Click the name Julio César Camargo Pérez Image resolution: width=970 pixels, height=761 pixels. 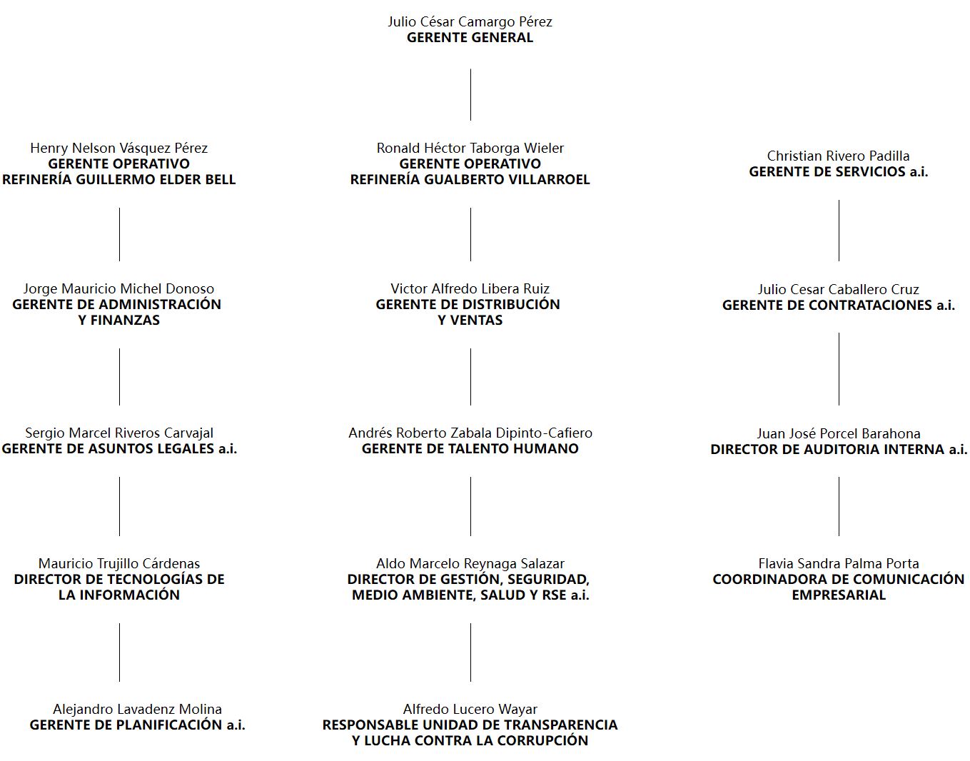click(470, 22)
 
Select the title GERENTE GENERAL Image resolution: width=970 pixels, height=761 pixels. click(470, 38)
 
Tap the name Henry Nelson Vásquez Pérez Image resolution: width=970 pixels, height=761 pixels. click(118, 148)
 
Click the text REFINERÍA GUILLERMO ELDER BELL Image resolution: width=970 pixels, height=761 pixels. click(118, 179)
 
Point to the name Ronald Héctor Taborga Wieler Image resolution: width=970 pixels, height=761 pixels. click(470, 148)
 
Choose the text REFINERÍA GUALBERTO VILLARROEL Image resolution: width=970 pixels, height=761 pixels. click(470, 179)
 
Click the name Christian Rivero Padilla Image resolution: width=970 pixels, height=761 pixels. click(839, 156)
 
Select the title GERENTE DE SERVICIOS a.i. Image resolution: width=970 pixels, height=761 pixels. click(839, 172)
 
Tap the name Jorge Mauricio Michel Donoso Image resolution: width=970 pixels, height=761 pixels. click(118, 289)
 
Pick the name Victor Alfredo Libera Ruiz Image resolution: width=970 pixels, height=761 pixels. click(470, 289)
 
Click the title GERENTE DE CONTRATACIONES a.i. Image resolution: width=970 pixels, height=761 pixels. click(839, 306)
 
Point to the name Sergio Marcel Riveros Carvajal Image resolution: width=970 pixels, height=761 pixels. click(119, 433)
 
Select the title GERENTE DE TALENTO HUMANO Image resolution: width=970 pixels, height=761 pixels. click(470, 448)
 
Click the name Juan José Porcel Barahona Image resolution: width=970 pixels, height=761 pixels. click(839, 433)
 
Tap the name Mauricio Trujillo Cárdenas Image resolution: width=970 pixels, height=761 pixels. click(119, 564)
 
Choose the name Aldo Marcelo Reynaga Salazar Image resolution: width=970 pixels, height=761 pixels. click(470, 564)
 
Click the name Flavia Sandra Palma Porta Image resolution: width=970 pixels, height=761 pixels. click(839, 564)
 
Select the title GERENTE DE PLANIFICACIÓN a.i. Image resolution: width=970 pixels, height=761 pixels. click(138, 725)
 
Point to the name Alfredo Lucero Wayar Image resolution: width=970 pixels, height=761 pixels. click(470, 709)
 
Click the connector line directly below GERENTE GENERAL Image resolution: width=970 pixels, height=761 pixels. click(470, 95)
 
